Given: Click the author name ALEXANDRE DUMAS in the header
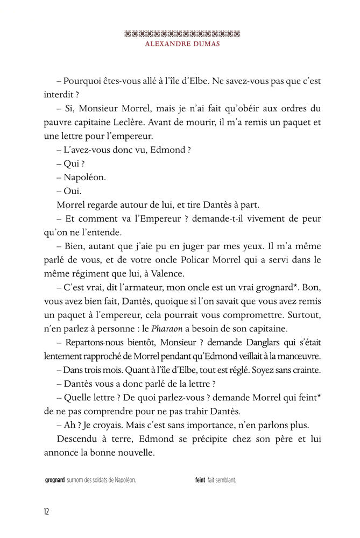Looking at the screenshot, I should pos(179,44).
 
